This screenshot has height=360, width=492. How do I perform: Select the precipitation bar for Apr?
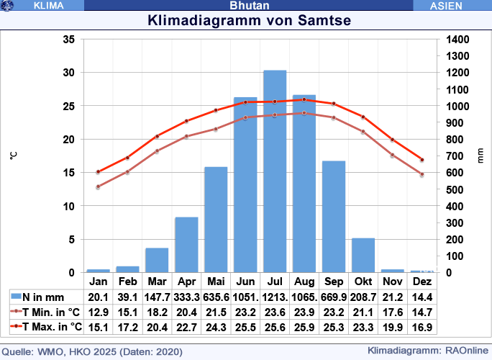[186, 245]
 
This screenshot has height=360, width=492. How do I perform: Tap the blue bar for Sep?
[334, 217]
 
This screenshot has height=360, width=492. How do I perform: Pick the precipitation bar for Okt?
[363, 255]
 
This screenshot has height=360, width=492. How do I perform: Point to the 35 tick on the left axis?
[69, 40]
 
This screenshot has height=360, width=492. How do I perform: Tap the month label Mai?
[216, 281]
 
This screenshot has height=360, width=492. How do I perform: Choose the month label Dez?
[422, 281]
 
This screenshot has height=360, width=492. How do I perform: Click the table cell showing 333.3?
[186, 297]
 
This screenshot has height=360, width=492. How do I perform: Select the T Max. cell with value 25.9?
[304, 327]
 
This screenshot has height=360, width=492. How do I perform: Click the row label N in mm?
[44, 297]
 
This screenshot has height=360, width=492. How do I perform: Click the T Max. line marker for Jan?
[98, 171]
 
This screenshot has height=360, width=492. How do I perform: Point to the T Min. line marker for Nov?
[393, 155]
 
